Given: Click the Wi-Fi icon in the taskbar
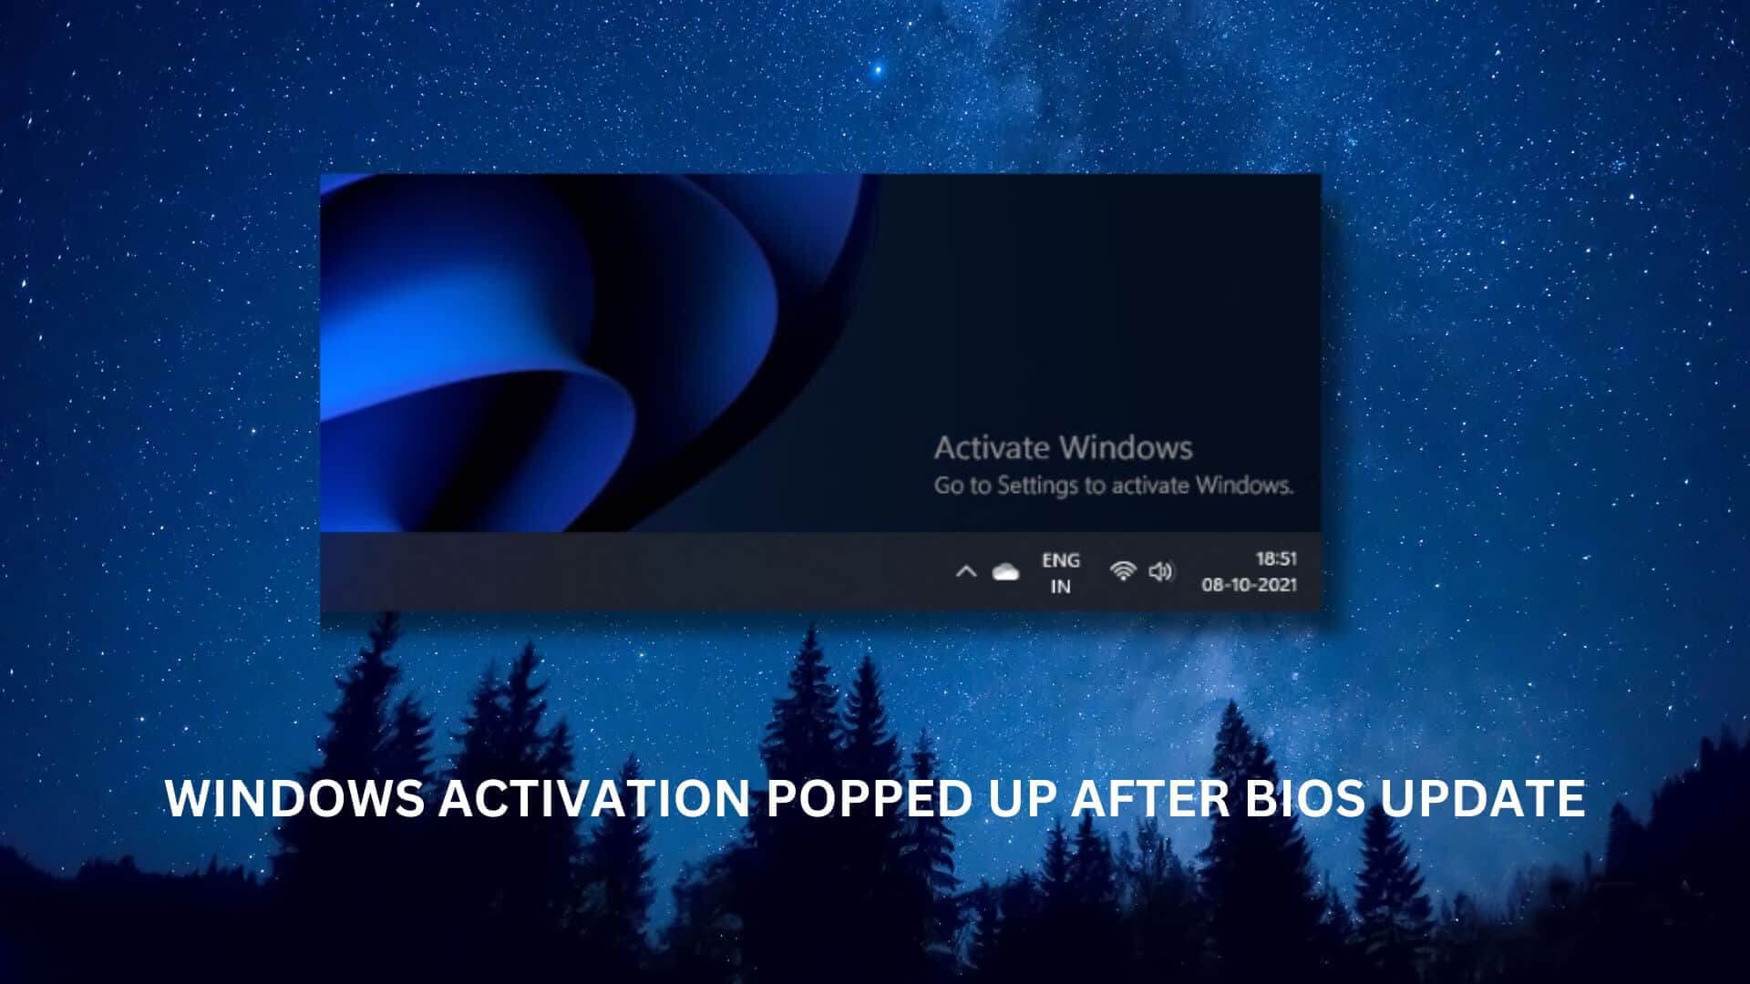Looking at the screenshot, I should click(x=1123, y=571).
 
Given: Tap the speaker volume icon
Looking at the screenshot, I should click(x=1160, y=571).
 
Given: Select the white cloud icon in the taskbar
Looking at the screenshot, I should click(x=1005, y=572).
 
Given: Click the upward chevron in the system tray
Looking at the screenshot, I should click(x=966, y=572).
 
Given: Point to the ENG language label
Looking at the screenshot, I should click(x=1061, y=560).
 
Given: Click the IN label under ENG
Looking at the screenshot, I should click(x=1060, y=587).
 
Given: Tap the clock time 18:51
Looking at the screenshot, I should click(x=1276, y=559).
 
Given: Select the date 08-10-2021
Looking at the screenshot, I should click(x=1249, y=585).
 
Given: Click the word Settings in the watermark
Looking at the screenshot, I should click(x=1038, y=486).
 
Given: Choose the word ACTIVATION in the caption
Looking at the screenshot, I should click(x=594, y=799).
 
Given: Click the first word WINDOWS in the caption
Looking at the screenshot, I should click(x=294, y=799).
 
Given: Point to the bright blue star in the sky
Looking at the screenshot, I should click(x=878, y=69).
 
